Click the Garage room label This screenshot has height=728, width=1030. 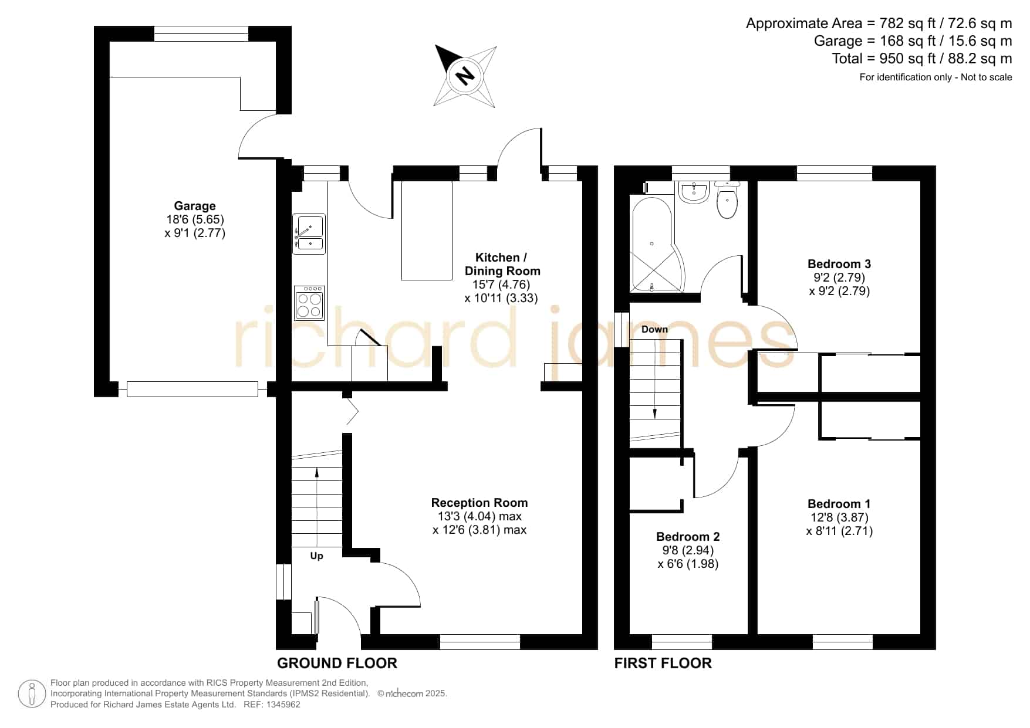(x=195, y=206)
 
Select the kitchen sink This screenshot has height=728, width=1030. (x=309, y=234)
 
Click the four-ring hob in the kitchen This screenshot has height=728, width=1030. (x=309, y=303)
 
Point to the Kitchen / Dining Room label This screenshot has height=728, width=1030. (x=502, y=264)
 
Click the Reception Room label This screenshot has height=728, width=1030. (x=479, y=503)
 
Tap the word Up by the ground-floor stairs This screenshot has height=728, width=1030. (x=316, y=556)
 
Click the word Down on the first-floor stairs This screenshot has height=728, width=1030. (x=654, y=329)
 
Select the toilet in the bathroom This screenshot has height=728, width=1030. (x=727, y=201)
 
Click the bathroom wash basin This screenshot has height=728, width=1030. (x=694, y=192)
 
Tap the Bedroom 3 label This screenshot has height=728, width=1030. (x=839, y=264)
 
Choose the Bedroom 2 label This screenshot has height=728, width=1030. (x=688, y=537)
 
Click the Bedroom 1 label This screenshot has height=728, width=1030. (x=839, y=504)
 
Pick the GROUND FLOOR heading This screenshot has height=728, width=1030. (x=337, y=663)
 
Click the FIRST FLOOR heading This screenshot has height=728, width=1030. (x=663, y=663)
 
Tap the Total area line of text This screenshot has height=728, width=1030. (x=922, y=59)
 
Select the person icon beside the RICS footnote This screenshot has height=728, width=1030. (x=32, y=694)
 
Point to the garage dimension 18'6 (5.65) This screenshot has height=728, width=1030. (x=195, y=219)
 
